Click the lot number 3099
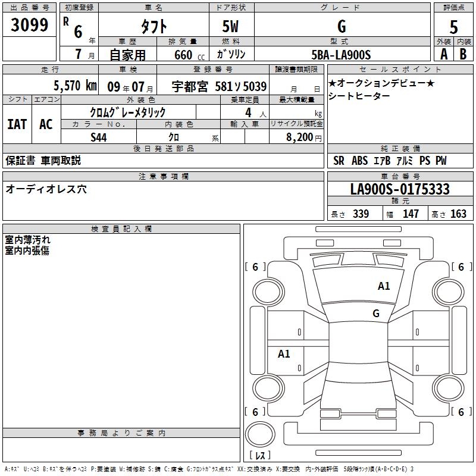click(x=30, y=25)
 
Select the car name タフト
click(x=154, y=26)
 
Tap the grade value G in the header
click(x=341, y=26)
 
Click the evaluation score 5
click(x=454, y=27)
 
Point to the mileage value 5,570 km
click(x=74, y=85)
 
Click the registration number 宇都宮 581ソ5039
click(x=219, y=86)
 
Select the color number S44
click(x=99, y=137)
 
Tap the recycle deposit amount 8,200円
click(x=303, y=137)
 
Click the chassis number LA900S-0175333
click(x=399, y=190)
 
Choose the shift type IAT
click(x=17, y=124)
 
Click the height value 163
click(x=458, y=214)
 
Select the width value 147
click(x=411, y=214)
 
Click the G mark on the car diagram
click(x=376, y=313)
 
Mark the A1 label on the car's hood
click(x=384, y=286)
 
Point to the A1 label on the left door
click(x=284, y=354)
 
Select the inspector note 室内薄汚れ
click(x=28, y=240)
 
